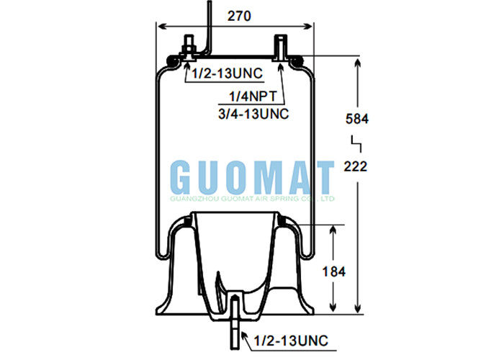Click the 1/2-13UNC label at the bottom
point(286,338)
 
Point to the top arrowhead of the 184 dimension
point(332,229)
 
